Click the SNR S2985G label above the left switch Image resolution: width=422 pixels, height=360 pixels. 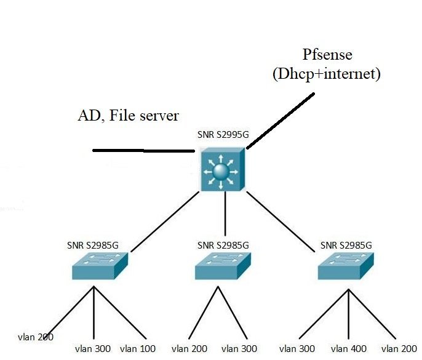[x=92, y=245]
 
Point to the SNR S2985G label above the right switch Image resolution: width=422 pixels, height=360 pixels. [x=346, y=245]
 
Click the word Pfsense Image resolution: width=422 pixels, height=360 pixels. [x=328, y=54]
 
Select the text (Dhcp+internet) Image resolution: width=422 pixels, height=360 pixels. [x=327, y=74]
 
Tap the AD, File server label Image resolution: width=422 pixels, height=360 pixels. [x=128, y=115]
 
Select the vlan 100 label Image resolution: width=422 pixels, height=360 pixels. [x=138, y=349]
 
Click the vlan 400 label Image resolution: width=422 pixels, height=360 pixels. [x=349, y=349]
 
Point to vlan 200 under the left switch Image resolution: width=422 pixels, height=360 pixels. [x=36, y=337]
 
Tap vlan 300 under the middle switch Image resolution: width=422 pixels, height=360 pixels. [x=239, y=349]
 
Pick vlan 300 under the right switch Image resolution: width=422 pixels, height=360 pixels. [x=297, y=349]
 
